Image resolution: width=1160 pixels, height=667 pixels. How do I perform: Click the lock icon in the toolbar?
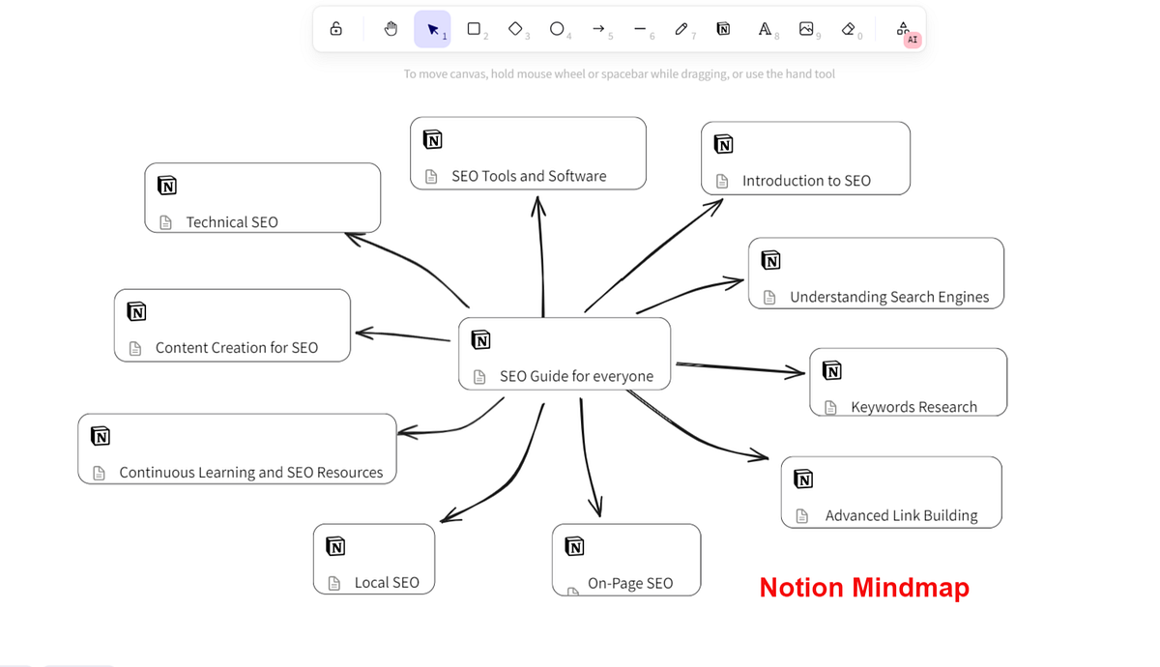336,29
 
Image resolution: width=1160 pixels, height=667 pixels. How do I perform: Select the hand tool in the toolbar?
391,29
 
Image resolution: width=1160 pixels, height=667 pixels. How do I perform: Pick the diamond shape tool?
515,29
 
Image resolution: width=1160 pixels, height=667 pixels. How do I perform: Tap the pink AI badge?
912,40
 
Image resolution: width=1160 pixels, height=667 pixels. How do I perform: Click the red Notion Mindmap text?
863,587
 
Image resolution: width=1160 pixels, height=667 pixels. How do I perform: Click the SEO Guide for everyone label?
576,376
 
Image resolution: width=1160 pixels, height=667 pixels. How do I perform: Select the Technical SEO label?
232,222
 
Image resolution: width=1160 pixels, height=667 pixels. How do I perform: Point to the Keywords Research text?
913,407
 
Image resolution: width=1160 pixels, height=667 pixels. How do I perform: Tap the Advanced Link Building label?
901,515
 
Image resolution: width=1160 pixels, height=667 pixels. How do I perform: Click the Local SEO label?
387,582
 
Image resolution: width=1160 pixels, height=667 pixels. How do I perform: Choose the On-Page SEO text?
630,583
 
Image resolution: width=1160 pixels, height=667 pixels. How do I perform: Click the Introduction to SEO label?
806,181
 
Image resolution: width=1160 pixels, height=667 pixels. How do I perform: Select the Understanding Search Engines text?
889,297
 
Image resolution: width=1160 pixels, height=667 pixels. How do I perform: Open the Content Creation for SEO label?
237,347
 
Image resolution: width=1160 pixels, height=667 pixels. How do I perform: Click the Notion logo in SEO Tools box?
433,139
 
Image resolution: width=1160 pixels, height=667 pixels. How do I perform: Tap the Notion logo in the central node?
480,339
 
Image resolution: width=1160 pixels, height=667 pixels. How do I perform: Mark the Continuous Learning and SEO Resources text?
251,473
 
